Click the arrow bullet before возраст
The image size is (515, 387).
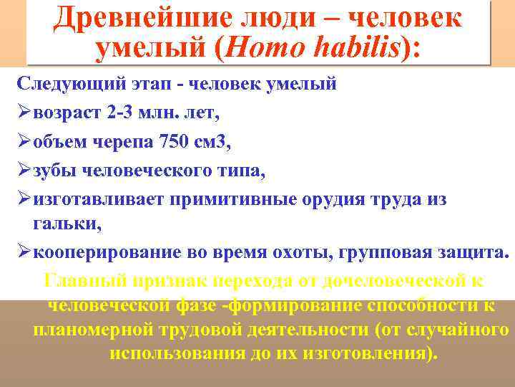tap(24, 113)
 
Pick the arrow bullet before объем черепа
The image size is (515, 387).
tap(24, 142)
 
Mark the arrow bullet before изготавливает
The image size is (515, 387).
tap(24, 199)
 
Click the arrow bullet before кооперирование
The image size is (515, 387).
tap(24, 253)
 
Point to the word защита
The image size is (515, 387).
tap(472, 253)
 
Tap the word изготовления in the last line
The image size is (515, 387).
tap(369, 355)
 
